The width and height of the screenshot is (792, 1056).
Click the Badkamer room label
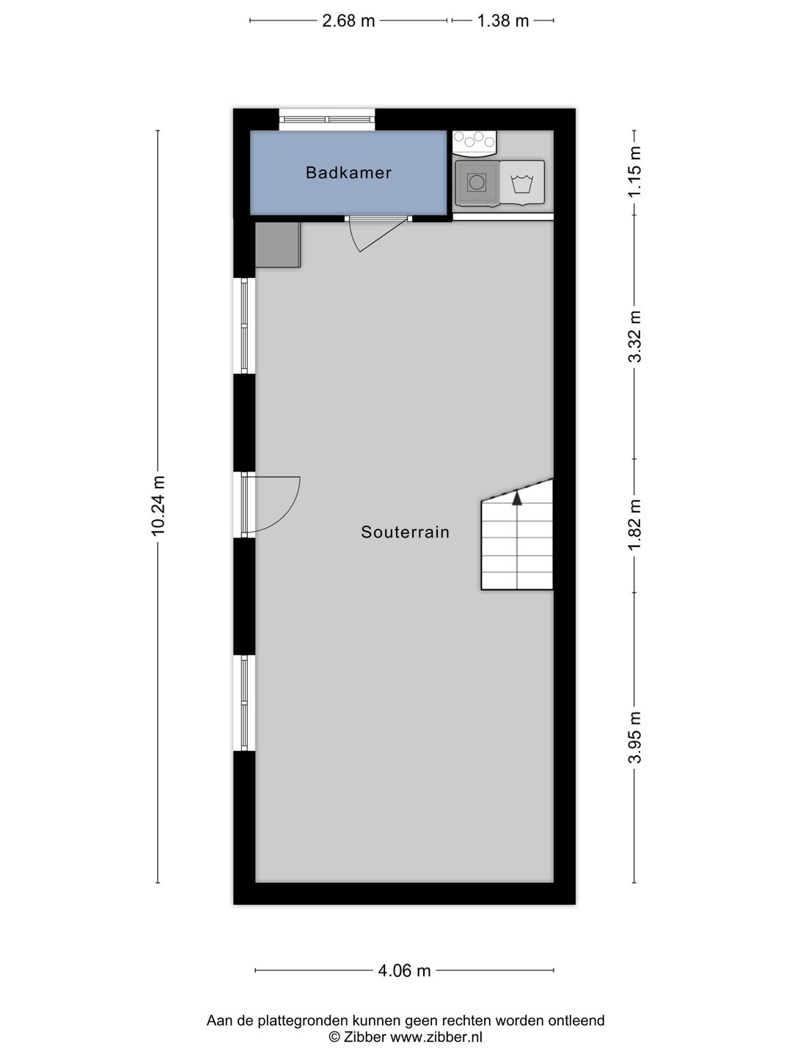pos(348,173)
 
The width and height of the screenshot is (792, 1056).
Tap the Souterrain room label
pos(405,532)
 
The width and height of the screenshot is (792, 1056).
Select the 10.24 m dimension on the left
pos(158,506)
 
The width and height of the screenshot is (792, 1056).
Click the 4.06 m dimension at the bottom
pos(404,971)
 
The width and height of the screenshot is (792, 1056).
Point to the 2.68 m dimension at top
pos(348,21)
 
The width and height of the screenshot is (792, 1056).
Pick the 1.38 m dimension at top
pos(502,21)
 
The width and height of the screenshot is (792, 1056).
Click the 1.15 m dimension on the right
pos(635,172)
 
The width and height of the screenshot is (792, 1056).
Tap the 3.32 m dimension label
pos(635,337)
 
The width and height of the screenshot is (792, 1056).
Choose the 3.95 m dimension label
pos(635,738)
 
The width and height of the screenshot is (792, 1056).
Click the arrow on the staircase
pos(517,499)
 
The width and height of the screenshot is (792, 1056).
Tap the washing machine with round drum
pos(477,183)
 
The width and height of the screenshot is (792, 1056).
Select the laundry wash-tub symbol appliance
pos(522,183)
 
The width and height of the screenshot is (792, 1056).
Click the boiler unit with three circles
pos(474,140)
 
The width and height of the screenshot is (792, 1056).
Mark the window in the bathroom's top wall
pos(327,120)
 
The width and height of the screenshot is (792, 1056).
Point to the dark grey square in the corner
pos(277,245)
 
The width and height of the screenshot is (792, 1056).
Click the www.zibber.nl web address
pos(436,1037)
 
